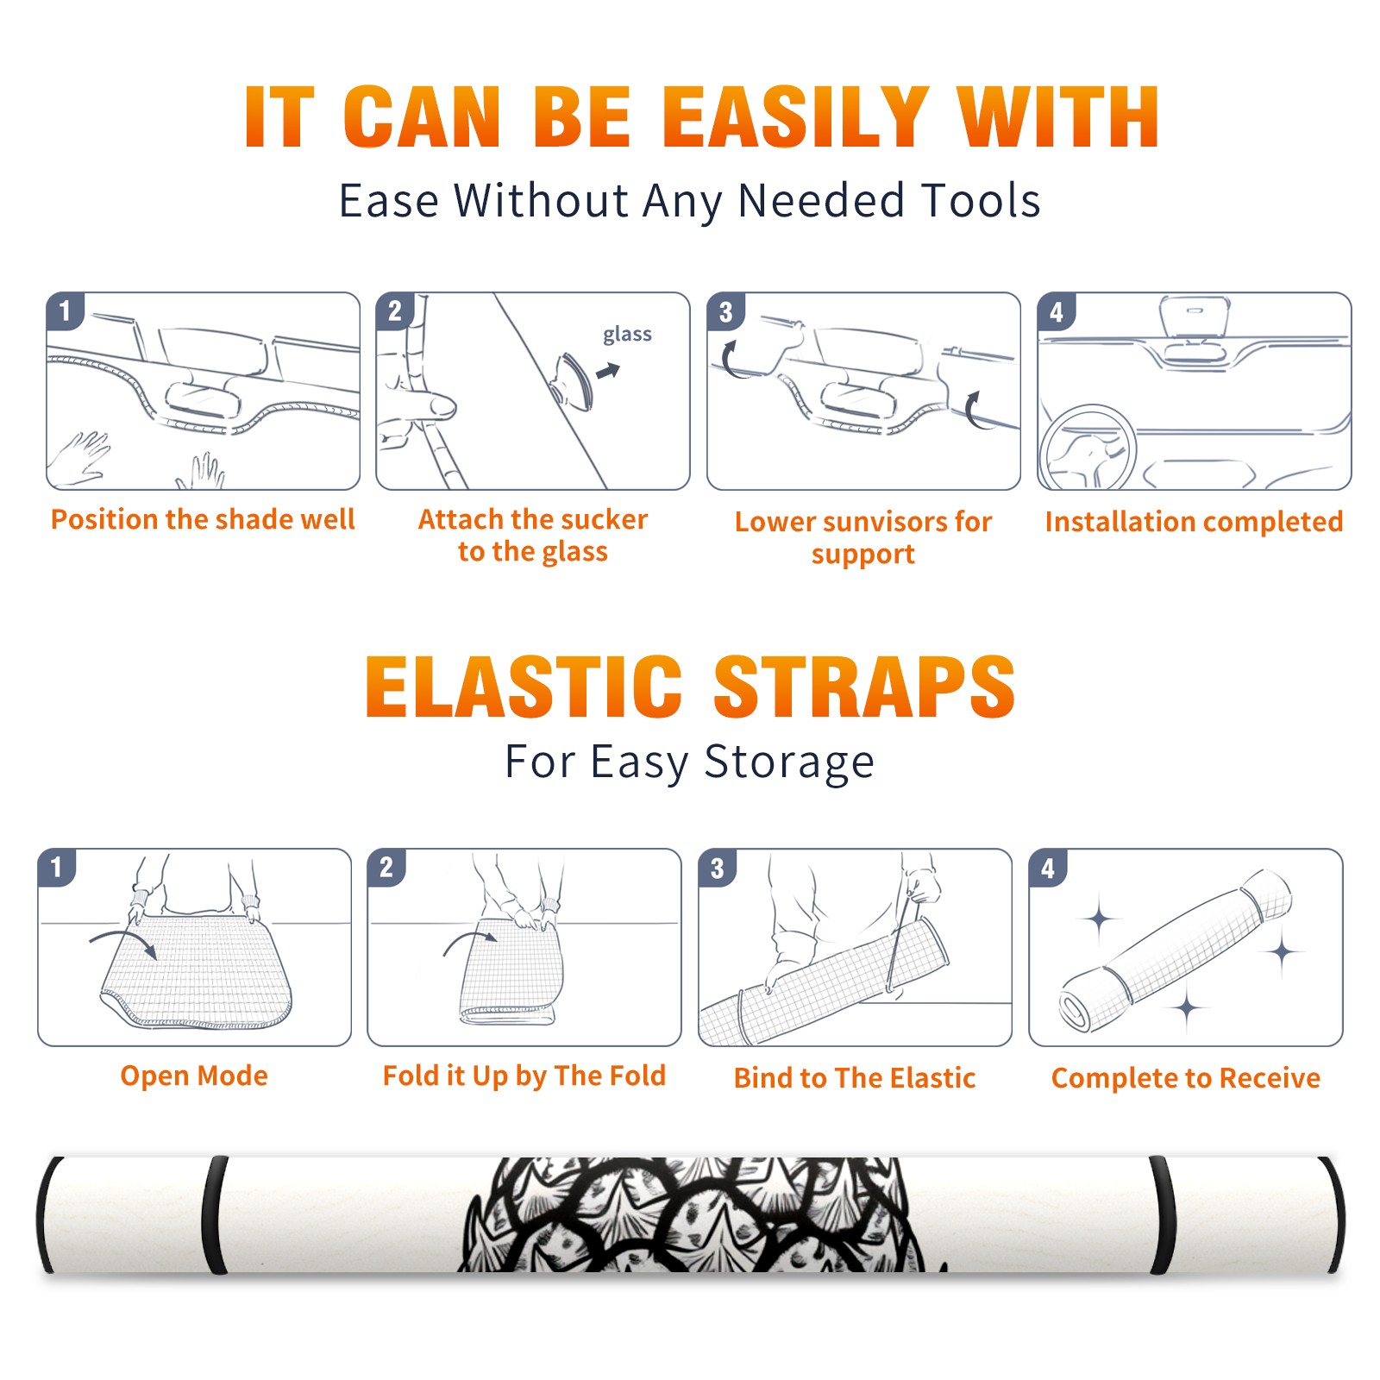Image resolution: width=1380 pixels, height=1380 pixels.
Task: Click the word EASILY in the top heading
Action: coord(794,117)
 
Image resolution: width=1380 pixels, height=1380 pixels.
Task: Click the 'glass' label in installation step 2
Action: coord(627,334)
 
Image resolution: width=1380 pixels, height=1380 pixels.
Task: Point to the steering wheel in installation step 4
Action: coord(1088,448)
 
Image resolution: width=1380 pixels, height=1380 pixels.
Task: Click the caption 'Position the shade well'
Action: coord(203,519)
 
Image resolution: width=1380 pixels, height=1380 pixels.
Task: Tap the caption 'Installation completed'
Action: coord(1194,522)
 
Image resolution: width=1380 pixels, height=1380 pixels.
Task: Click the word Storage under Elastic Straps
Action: coord(788,762)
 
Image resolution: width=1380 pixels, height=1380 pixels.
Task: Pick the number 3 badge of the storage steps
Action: coord(717,868)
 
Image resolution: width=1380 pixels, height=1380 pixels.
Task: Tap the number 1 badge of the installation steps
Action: coord(65,310)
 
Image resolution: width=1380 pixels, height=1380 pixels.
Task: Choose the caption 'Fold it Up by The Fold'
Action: coord(524,1076)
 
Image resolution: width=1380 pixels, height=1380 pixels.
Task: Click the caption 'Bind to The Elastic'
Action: coord(854,1078)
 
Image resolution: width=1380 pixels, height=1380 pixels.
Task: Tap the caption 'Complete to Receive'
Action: coord(1185,1078)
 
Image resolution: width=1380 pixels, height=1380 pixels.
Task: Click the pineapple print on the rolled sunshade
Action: coord(699,1214)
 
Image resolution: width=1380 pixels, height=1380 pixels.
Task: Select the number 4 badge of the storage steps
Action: coord(1048,868)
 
